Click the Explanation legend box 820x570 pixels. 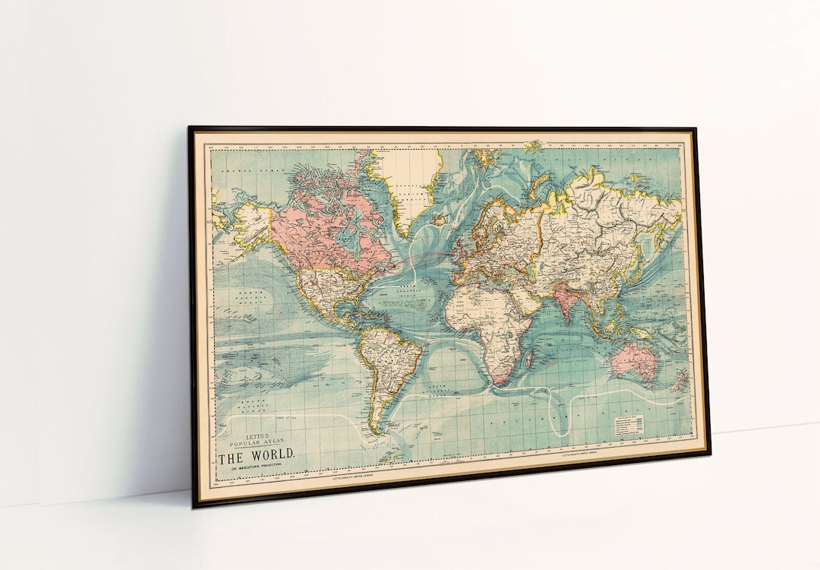[629, 426]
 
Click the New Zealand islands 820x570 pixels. [680, 380]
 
